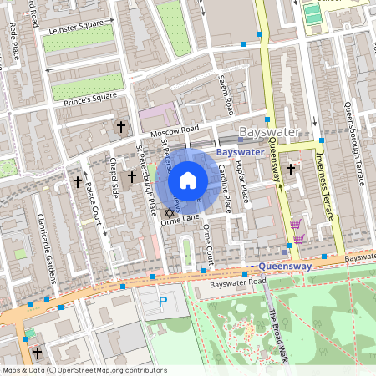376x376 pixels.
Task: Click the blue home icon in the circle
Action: (188, 180)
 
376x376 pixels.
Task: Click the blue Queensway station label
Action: (281, 267)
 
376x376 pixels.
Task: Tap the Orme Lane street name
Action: (180, 219)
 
